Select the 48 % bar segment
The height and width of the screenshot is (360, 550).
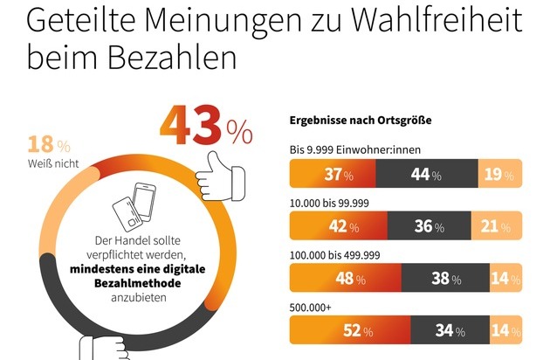pyautogui.click(x=346, y=280)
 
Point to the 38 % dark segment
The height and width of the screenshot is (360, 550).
pyautogui.click(x=448, y=280)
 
